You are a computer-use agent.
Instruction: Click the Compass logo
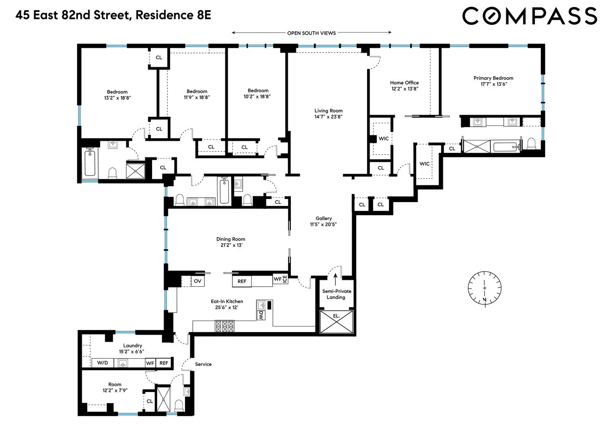coord(529,16)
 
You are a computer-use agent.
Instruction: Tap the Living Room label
coord(328,111)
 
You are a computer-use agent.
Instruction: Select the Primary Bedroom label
coord(493,78)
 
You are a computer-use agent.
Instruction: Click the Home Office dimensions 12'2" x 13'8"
coord(404,89)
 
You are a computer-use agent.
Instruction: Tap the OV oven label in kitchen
coord(197,281)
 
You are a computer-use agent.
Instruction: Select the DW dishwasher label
coord(261,315)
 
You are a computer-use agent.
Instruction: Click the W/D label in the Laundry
coord(103,363)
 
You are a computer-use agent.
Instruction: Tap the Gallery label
coord(324,218)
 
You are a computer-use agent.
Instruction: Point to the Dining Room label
coord(230,239)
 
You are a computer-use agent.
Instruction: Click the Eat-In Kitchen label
coord(227,301)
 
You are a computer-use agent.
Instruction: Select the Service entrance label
coord(203,364)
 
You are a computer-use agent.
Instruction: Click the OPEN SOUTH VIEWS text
coord(311,33)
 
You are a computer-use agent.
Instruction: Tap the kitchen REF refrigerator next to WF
coord(242,281)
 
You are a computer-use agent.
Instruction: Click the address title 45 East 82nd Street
coord(113,15)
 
